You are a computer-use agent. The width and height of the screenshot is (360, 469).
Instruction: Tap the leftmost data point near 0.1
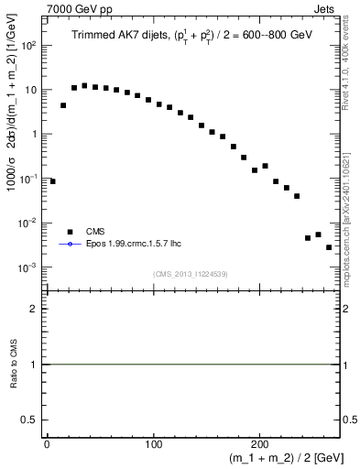pyautogui.click(x=52, y=181)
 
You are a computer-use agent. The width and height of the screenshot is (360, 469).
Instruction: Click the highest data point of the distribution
pyautogui.click(x=84, y=86)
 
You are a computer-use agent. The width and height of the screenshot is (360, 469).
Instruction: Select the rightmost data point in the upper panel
pyautogui.click(x=329, y=247)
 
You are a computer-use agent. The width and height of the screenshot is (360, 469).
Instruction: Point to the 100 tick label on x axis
pyautogui.click(x=153, y=443)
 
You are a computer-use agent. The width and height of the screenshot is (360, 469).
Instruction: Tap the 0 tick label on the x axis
pyautogui.click(x=47, y=443)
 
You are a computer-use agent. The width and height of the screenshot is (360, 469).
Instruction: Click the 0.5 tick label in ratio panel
pyautogui.click(x=31, y=420)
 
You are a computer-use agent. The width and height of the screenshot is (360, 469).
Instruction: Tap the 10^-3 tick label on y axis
pyautogui.click(x=28, y=267)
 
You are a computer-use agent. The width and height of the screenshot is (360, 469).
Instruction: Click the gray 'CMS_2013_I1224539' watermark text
pyautogui.click(x=191, y=273)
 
